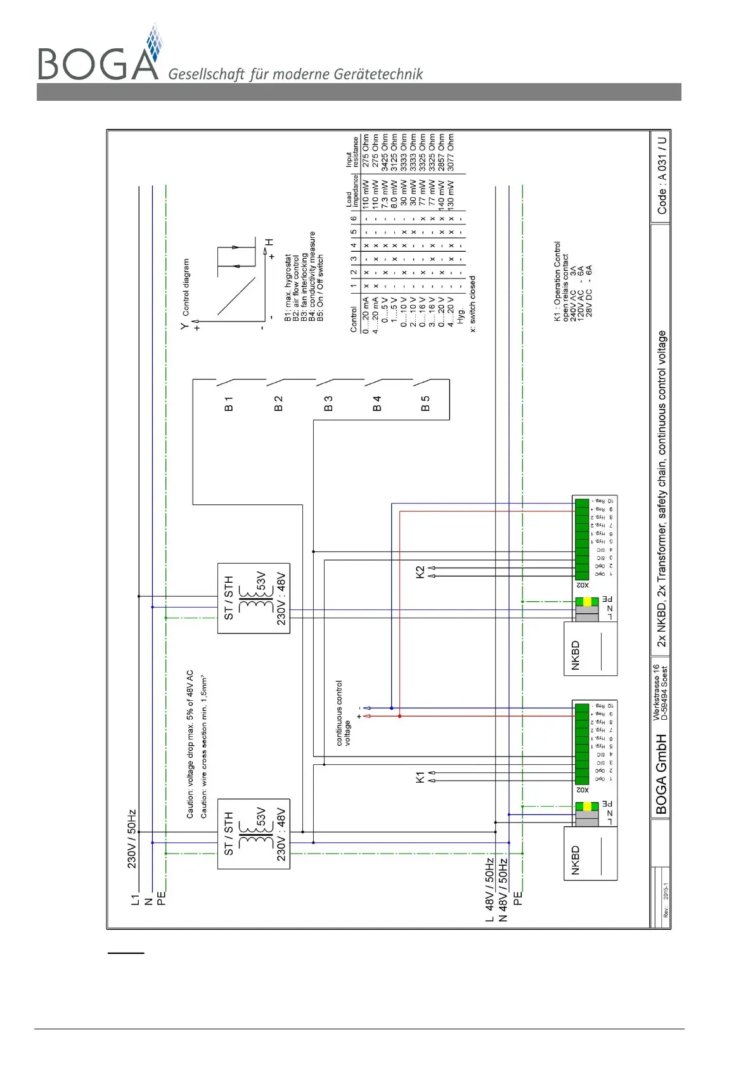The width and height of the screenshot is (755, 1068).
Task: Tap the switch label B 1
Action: point(229,404)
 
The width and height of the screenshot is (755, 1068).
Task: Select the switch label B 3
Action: point(328,404)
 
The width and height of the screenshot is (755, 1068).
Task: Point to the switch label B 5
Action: point(425,404)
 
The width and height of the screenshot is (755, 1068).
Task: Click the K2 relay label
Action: point(420,571)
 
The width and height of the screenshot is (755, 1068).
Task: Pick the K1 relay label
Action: point(420,777)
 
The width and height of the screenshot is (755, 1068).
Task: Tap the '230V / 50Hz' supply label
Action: point(132,838)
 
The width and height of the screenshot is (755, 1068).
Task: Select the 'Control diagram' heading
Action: point(186,287)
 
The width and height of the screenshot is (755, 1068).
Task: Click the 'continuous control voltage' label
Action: point(343,713)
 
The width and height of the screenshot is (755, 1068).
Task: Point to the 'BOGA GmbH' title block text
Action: point(661,774)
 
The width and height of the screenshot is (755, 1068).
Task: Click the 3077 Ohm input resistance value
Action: point(450,152)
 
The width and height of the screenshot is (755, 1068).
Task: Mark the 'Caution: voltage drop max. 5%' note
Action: point(190,743)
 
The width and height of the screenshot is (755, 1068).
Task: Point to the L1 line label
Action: point(134,899)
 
